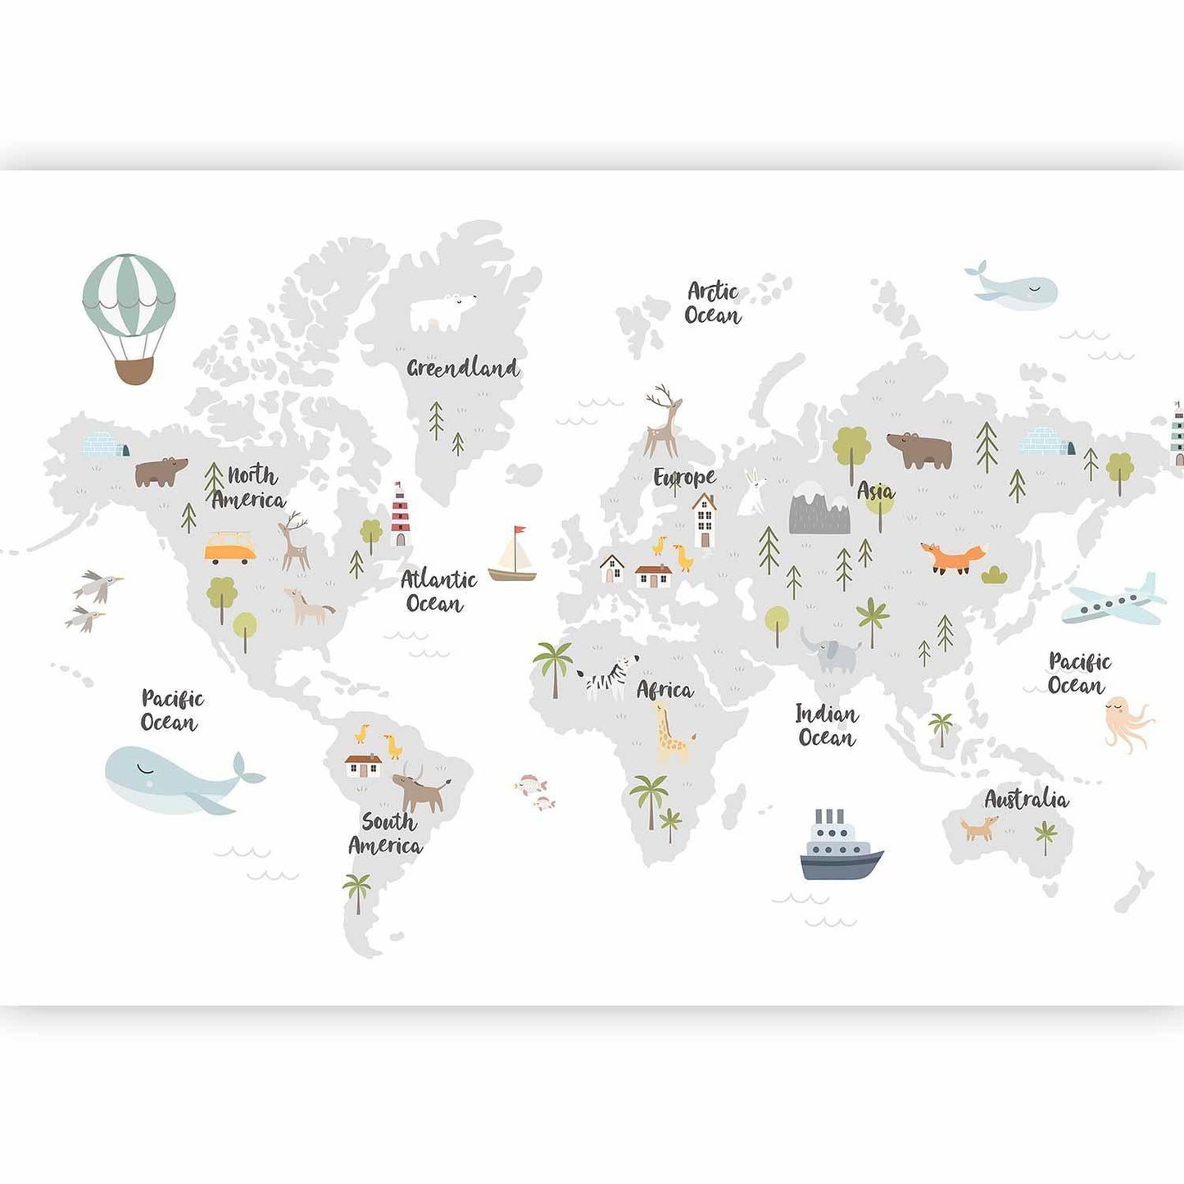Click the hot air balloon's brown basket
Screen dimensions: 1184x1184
tap(134, 370)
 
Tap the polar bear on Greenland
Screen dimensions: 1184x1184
tap(442, 312)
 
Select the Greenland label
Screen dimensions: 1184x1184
tap(463, 368)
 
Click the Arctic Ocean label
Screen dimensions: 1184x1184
tap(712, 303)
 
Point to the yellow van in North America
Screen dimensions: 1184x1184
tap(229, 548)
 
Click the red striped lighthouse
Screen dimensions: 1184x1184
tap(399, 515)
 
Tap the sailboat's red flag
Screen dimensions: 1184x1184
tap(519, 533)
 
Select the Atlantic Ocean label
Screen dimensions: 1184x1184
tap(438, 592)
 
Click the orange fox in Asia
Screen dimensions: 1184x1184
tap(953, 557)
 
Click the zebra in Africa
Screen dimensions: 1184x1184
tap(608, 677)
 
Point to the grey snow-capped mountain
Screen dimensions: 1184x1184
tap(819, 510)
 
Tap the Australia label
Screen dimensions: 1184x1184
tap(1026, 799)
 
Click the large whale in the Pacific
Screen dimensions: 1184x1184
tap(176, 781)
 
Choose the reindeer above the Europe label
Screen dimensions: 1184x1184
tap(663, 423)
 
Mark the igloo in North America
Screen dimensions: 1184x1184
tap(106, 445)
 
